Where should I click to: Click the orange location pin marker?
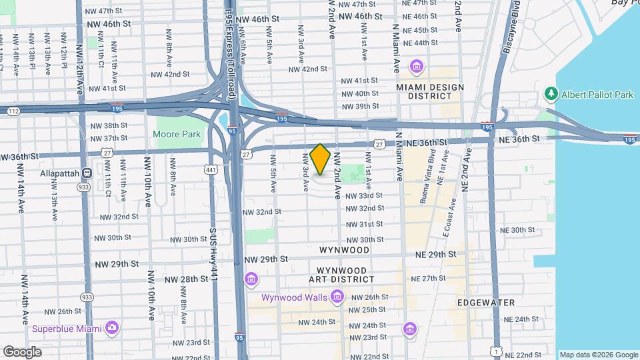(x=321, y=159)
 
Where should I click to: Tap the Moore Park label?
(x=177, y=134)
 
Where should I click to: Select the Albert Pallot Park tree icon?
(x=550, y=95)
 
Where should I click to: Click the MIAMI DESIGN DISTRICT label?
(x=424, y=91)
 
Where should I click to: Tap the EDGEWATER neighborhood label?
(x=486, y=302)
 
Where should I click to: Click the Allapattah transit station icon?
(x=86, y=173)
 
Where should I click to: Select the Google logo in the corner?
(x=22, y=351)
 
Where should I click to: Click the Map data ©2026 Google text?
(x=598, y=355)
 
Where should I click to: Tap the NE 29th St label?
(x=435, y=255)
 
